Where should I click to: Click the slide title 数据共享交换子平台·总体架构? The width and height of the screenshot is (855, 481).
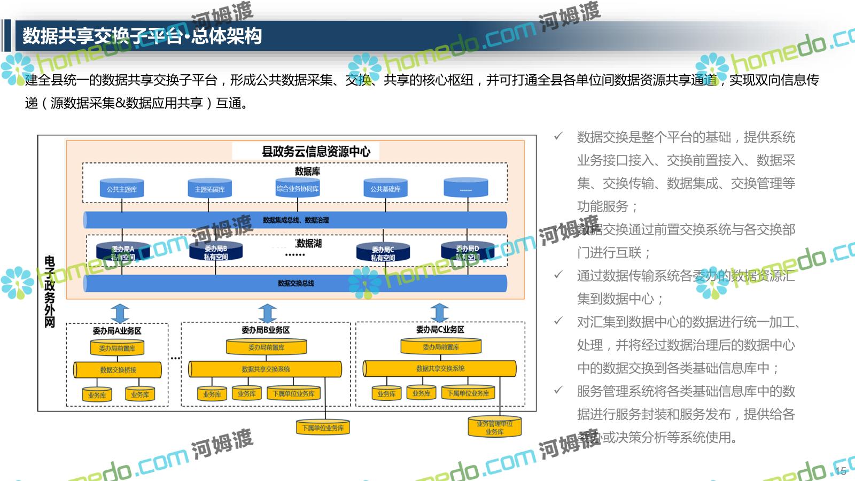tap(142, 36)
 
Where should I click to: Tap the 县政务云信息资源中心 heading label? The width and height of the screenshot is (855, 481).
tap(316, 152)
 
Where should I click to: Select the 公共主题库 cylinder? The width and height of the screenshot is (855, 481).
tap(122, 189)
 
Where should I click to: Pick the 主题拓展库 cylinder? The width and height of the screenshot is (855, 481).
tap(209, 189)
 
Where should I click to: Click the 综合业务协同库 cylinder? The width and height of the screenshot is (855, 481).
tap(298, 188)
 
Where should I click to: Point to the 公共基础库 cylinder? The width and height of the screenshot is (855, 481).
tap(385, 189)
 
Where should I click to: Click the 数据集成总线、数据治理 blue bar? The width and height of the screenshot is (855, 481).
tap(295, 220)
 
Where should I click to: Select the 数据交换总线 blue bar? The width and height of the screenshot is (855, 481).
tap(296, 283)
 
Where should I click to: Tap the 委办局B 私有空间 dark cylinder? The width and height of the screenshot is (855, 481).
tap(215, 252)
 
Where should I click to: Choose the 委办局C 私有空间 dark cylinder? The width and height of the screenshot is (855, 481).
tap(383, 253)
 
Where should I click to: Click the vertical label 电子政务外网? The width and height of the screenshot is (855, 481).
tap(50, 291)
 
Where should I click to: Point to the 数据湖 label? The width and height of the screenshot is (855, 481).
tap(309, 244)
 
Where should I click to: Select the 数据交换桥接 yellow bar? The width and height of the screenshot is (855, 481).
tap(118, 370)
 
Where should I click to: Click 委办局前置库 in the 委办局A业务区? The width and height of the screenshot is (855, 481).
tap(117, 348)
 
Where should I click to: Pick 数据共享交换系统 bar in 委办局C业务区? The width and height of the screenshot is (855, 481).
tap(440, 369)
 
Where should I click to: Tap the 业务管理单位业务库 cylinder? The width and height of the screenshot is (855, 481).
tap(494, 428)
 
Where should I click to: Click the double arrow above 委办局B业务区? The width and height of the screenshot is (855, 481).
tap(267, 313)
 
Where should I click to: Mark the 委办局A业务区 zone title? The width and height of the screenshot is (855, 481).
tap(117, 331)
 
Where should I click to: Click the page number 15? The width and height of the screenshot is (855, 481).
tap(841, 471)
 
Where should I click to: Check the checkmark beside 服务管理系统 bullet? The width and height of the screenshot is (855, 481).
tap(558, 391)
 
